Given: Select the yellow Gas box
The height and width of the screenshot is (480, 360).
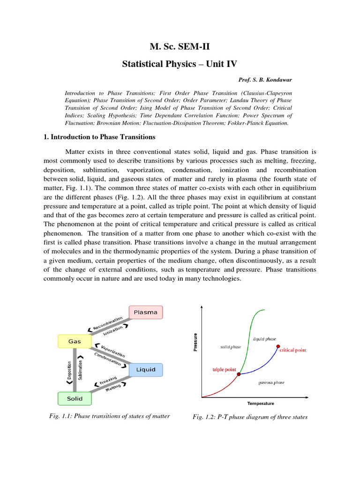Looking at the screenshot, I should pyautogui.click(x=75, y=342).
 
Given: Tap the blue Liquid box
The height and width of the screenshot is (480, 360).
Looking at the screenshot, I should pyautogui.click(x=146, y=370).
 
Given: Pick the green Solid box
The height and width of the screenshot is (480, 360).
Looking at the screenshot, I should pyautogui.click(x=75, y=398).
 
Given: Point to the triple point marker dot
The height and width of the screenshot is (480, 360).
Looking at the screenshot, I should pyautogui.click(x=239, y=374).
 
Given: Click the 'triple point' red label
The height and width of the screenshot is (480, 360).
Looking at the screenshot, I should pyautogui.click(x=225, y=369).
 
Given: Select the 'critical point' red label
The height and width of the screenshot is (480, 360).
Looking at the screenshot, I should pyautogui.click(x=293, y=350).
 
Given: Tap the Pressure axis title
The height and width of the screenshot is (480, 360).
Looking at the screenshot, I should pyautogui.click(x=195, y=342).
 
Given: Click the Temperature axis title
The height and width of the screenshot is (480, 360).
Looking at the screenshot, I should pyautogui.click(x=261, y=403).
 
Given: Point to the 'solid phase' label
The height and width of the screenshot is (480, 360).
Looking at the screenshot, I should pyautogui.click(x=231, y=347).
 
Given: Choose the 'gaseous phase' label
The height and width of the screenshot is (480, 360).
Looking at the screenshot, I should pyautogui.click(x=271, y=382).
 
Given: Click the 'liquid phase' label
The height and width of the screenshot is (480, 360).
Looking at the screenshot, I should pyautogui.click(x=265, y=338).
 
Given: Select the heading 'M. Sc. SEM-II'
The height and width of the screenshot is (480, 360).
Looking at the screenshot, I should pyautogui.click(x=180, y=46).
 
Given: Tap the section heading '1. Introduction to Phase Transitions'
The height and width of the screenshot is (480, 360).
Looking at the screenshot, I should pyautogui.click(x=99, y=137).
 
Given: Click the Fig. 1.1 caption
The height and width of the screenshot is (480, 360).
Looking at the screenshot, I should pyautogui.click(x=109, y=416).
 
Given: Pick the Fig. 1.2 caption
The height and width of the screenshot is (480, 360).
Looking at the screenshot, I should pyautogui.click(x=250, y=417).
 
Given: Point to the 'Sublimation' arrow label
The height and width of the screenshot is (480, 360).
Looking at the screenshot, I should pyautogui.click(x=80, y=370).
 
